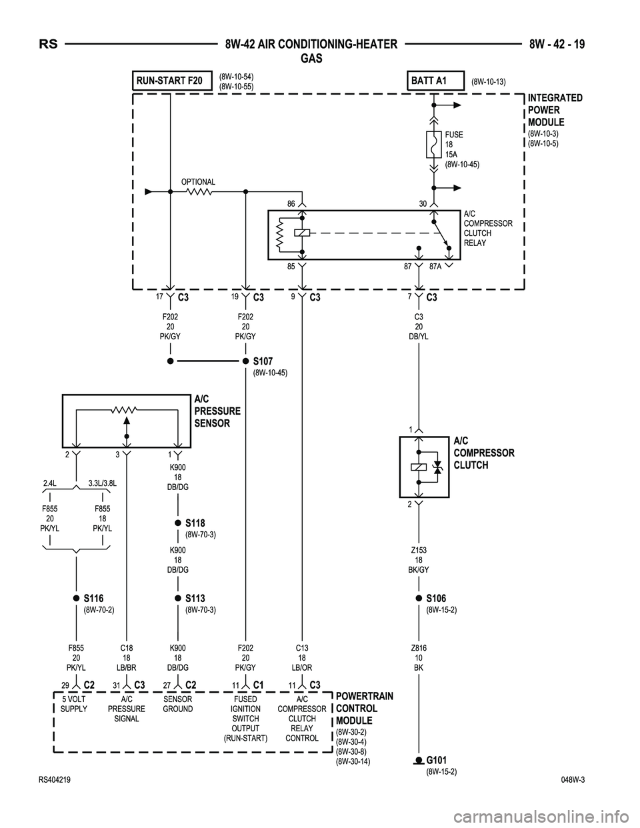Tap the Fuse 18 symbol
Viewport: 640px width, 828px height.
point(433,144)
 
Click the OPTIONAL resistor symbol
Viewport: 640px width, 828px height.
point(199,191)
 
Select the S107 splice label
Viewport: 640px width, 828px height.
point(263,361)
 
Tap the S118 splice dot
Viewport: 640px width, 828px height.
point(178,523)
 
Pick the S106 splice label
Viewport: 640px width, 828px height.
point(436,598)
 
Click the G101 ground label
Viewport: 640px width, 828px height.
point(436,760)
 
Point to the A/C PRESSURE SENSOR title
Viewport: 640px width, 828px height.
point(217,411)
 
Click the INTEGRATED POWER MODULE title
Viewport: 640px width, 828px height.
point(555,110)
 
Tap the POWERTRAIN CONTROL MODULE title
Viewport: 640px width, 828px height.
point(364,708)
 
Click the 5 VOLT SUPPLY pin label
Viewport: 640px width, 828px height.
point(73,704)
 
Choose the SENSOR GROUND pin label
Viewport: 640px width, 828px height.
point(178,704)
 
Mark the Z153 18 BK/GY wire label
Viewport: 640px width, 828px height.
point(419,560)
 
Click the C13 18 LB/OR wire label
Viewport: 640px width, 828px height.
point(303,657)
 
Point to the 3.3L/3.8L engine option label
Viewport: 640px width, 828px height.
point(103,483)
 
